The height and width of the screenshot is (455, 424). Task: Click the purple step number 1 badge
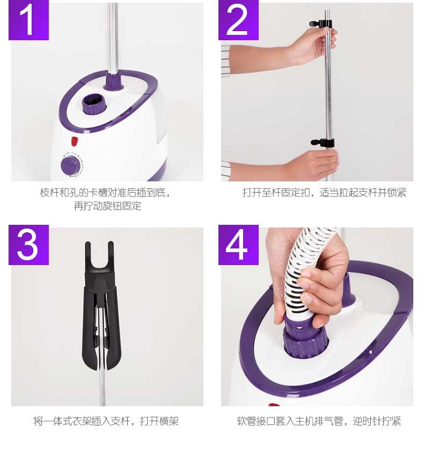pos(28,20)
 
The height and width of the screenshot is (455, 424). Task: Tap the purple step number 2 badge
pos(238,20)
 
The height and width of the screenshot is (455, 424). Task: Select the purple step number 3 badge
pos(28,245)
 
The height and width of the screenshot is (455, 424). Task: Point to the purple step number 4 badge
pos(238,245)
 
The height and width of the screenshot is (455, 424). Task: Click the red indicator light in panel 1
pos(75,141)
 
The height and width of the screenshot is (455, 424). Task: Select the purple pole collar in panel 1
pos(114,81)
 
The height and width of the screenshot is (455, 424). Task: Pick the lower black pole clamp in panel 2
pos(323,142)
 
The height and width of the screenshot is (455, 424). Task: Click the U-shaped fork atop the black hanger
pos(99,257)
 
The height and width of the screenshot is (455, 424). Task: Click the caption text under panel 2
pos(325,193)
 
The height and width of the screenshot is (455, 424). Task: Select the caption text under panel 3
pos(106,421)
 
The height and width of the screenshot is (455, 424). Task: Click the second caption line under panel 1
pos(107,206)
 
